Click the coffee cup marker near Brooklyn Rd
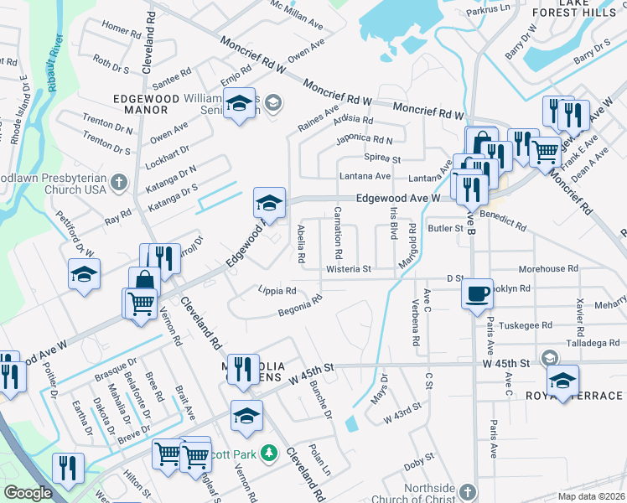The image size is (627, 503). click(477, 293)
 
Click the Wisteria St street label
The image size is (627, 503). click(350, 269)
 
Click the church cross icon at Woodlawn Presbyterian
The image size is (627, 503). click(119, 181)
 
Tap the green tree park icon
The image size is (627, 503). click(269, 454)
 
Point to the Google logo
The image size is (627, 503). click(28, 493)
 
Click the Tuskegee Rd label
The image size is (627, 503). click(526, 324)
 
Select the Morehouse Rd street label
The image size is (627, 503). click(548, 269)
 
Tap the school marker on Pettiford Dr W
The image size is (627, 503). click(85, 273)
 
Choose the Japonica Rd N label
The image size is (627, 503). click(364, 139)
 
